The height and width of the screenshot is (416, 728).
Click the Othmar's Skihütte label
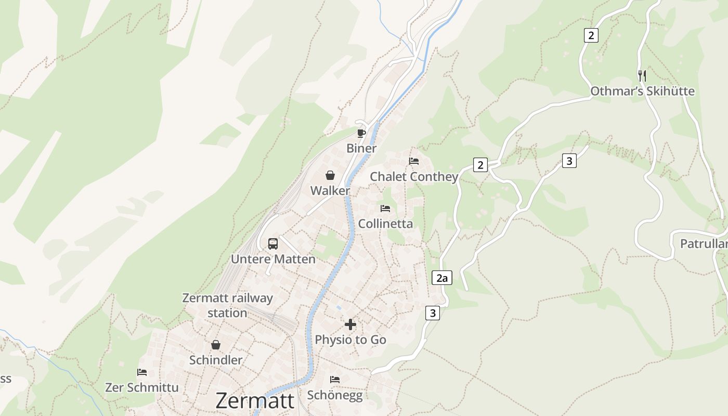point(642,92)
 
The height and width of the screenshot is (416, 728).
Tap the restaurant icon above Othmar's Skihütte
point(642,75)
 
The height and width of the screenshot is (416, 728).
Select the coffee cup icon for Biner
point(361,133)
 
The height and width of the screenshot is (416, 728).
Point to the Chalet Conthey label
point(414,177)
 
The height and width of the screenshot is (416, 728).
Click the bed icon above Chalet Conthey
point(414,161)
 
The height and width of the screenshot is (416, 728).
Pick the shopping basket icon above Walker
point(330,175)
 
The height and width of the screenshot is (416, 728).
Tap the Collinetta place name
point(385,224)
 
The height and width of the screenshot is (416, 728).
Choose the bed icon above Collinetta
point(385,208)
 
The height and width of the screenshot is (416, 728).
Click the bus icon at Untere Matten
point(273,243)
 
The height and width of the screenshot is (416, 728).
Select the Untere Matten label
point(273,259)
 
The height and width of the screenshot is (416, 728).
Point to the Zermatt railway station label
point(227,306)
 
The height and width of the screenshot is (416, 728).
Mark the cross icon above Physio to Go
point(350,324)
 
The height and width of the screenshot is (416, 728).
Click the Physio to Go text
point(350,340)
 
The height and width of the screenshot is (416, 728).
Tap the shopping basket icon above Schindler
point(216,345)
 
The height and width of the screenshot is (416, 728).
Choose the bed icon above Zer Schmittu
point(142,372)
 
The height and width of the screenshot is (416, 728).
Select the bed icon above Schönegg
point(335,379)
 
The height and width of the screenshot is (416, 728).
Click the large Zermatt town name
point(255,401)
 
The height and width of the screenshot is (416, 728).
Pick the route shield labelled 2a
point(442,278)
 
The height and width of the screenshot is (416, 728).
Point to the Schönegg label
point(335,395)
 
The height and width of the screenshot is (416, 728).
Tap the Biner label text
point(361,149)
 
